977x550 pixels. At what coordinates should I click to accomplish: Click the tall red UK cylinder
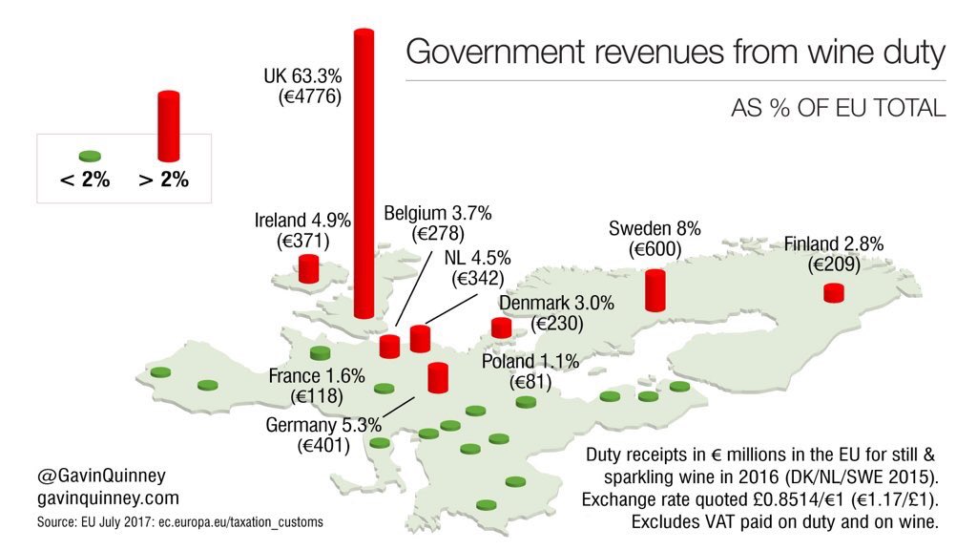tap(364, 172)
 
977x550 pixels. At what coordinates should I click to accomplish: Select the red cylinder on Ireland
tap(308, 268)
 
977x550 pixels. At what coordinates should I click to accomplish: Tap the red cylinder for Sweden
tap(655, 290)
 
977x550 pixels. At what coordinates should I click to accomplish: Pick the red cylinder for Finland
tap(834, 292)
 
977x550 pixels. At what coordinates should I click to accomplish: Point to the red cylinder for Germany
tap(438, 378)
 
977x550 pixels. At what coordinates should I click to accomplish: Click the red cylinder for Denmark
tap(501, 328)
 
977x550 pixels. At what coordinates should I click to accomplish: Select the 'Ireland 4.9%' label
tap(302, 220)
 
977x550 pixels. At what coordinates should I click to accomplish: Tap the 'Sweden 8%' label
tap(655, 228)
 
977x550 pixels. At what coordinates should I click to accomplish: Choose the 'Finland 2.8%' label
tap(833, 243)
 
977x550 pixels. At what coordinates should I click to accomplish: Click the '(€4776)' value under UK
tap(298, 96)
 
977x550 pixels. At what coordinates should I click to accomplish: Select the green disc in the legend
tap(91, 156)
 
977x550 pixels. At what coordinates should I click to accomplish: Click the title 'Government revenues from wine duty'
tap(676, 52)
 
